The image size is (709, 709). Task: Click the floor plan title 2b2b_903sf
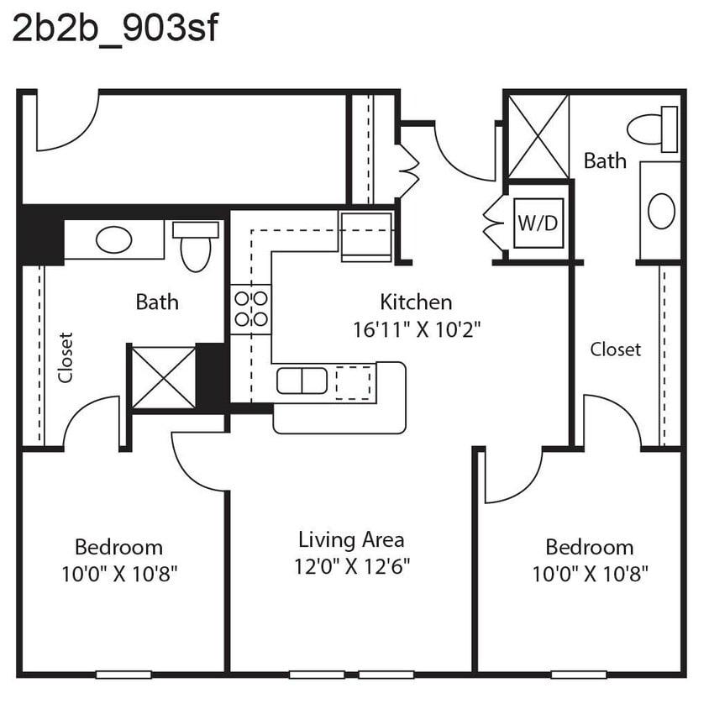coord(115,29)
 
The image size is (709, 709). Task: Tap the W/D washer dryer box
coord(538,223)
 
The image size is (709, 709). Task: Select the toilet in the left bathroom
coord(196,246)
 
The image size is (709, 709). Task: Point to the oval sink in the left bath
coord(113,240)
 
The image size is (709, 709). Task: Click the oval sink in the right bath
coord(661,211)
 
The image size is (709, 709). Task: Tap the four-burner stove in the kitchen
coord(250,308)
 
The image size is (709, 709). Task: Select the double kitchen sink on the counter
coord(302,381)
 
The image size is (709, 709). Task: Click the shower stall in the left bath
coord(163,377)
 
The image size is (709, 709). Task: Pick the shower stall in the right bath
coord(538,136)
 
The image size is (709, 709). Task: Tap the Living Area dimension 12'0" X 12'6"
coord(351,565)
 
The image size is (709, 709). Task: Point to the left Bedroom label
coord(118,547)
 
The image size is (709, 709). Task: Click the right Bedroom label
coord(589,547)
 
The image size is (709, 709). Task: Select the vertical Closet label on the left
coord(66,358)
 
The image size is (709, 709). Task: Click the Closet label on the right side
coord(615,349)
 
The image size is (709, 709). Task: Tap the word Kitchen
coord(416,302)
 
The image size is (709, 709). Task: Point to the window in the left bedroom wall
coord(123,674)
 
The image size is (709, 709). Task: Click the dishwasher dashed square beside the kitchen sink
coord(352,382)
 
